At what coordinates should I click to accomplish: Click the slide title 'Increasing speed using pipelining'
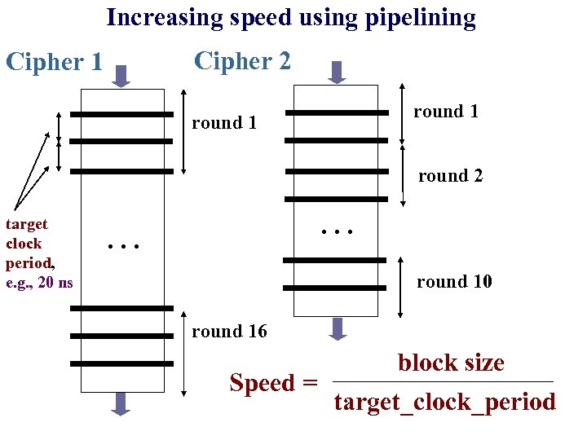pos(291,17)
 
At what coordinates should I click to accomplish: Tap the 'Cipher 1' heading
pos(54,62)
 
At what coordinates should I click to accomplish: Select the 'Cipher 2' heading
pos(242,60)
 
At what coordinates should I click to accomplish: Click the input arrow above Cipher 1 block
pos(121,76)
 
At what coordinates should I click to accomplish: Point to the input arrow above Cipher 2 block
pos(336,72)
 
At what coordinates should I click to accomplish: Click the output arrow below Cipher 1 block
pos(121,404)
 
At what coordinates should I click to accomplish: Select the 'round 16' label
pos(229,331)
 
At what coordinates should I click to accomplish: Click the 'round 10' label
pos(454,282)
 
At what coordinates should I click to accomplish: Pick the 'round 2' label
pos(450,176)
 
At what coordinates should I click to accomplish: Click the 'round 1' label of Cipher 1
pos(224,123)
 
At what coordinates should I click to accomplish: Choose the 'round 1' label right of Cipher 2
pos(446,111)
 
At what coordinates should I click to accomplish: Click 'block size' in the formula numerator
pos(451,363)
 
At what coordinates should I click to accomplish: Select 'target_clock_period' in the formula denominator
pos(445,402)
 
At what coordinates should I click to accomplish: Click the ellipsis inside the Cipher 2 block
pos(337,231)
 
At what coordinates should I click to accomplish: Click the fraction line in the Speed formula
pos(445,382)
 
